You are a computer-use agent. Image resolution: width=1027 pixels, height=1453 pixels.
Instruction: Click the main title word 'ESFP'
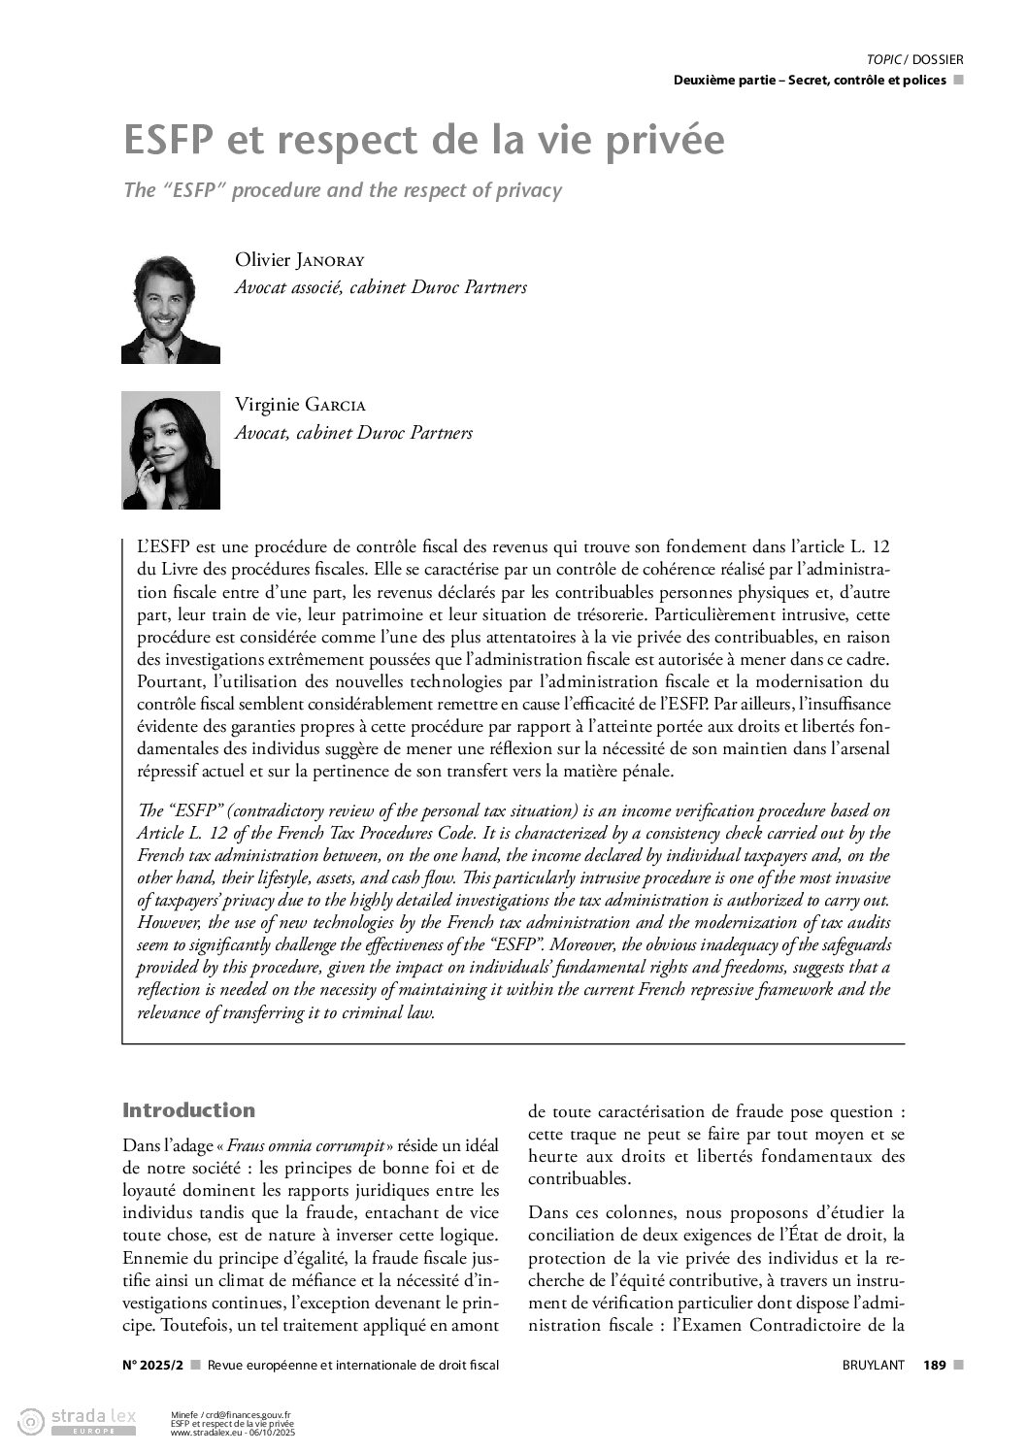168,141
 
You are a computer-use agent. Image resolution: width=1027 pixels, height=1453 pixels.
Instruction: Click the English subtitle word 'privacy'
530,190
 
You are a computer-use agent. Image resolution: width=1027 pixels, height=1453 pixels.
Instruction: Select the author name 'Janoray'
328,260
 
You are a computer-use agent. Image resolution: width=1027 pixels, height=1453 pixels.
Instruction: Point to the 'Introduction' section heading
189,1110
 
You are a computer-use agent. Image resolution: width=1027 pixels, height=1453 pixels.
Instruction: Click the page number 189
935,1365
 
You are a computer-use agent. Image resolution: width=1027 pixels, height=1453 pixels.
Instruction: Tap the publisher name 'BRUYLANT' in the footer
873,1365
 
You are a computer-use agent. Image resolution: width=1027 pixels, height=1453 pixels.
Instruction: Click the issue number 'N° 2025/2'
153,1365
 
